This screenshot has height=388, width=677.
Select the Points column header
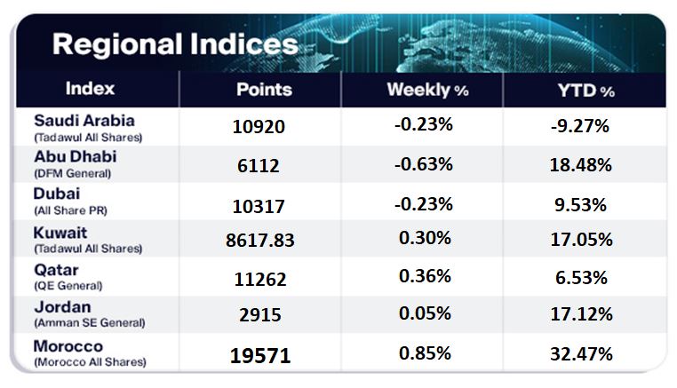pos(264,90)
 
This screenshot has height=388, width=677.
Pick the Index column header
pos(91,90)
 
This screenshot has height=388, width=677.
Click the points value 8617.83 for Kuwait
pos(259,240)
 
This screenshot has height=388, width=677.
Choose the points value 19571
pos(259,355)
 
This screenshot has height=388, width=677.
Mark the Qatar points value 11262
pos(259,279)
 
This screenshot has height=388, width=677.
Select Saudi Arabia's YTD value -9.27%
pos(579,126)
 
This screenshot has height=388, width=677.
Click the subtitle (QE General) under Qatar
pos(68,286)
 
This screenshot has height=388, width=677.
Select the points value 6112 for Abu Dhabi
pos(259,165)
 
